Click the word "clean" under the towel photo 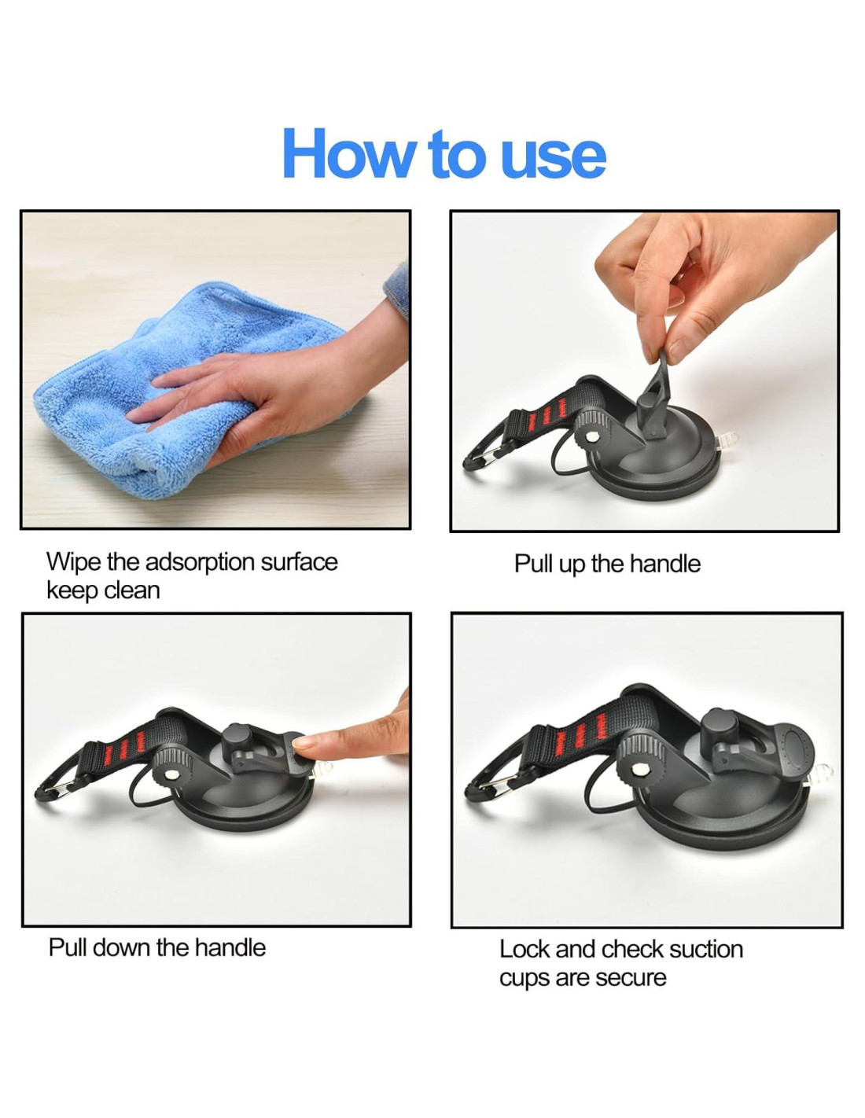[132, 590]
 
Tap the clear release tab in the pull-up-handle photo [726, 439]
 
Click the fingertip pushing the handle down [304, 741]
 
